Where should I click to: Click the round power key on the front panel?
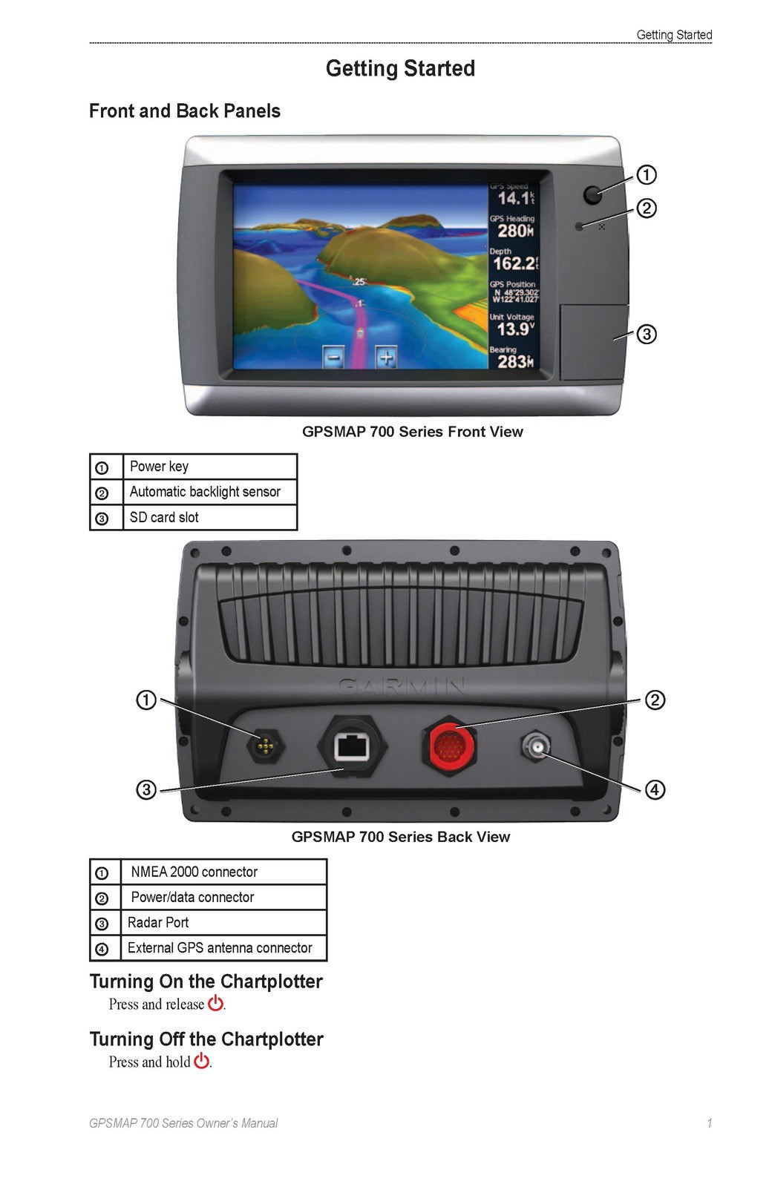pos(592,194)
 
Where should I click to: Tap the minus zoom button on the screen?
pos(333,357)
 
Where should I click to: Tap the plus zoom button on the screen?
pos(386,357)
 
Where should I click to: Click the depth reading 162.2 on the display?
pos(515,263)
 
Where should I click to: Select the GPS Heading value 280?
pos(515,231)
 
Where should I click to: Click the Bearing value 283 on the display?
pos(515,361)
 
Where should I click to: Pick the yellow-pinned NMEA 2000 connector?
pos(265,746)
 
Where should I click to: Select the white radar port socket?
pos(352,747)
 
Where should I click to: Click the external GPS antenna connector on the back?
pos(536,746)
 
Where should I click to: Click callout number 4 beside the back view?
pos(655,790)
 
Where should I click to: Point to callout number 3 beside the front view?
pos(647,335)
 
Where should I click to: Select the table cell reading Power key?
pos(210,467)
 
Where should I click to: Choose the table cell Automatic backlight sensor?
pos(210,492)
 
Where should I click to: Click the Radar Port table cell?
pos(223,923)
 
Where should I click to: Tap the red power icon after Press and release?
pos(215,1003)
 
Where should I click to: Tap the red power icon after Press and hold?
pos(201,1061)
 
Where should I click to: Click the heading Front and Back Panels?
pos(185,111)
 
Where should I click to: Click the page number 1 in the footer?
pos(709,1123)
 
